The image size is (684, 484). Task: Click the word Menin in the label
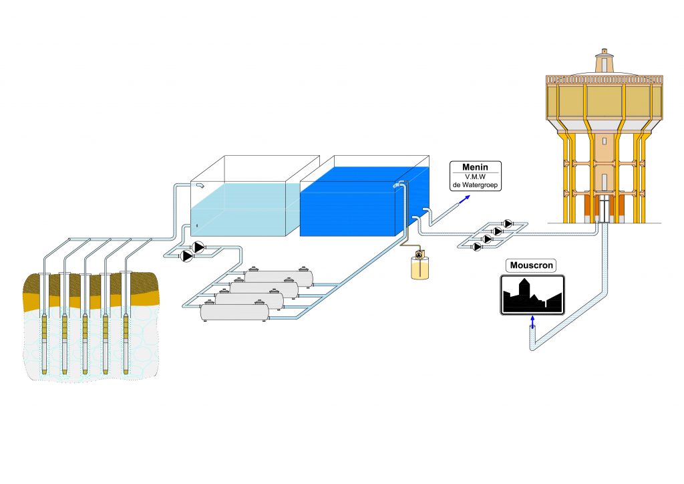point(475,167)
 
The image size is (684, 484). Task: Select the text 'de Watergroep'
point(475,185)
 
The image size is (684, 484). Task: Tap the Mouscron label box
point(531,265)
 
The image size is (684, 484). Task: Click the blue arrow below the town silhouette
point(532,322)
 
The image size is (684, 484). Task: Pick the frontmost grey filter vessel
point(234,310)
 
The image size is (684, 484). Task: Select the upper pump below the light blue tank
point(198,247)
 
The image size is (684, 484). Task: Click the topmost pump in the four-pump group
point(508,223)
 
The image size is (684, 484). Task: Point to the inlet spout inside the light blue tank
point(200,185)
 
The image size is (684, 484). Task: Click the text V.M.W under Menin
point(475,176)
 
